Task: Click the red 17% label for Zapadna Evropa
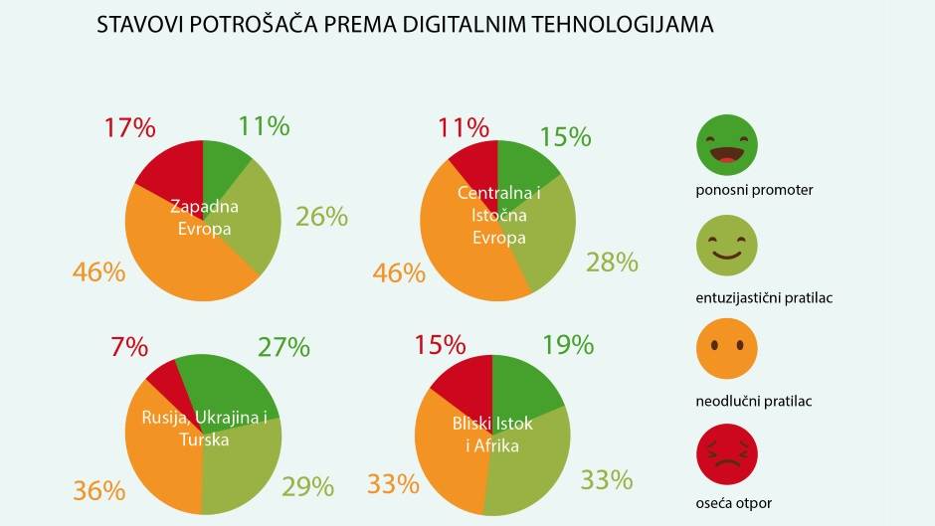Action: [x=129, y=127]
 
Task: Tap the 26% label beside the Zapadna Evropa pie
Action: [x=321, y=216]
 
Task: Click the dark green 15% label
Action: [x=565, y=137]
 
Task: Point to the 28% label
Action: [x=611, y=263]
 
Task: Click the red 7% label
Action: [x=129, y=347]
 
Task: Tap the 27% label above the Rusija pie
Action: [x=283, y=347]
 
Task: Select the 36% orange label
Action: [x=98, y=491]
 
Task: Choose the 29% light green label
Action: [x=307, y=486]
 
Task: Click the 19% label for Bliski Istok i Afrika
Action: [x=568, y=345]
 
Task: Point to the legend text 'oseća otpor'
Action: [x=734, y=503]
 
